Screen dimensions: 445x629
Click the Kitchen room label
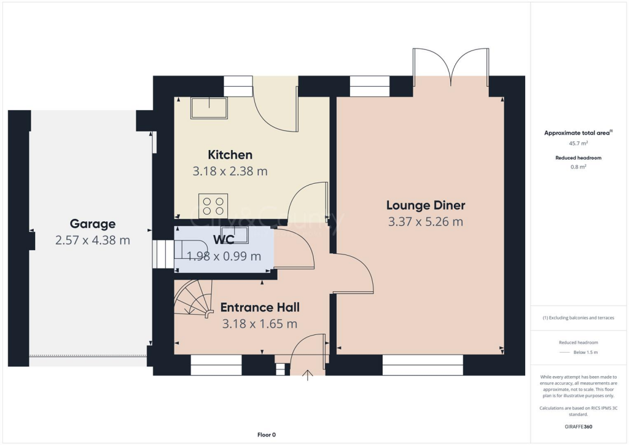tap(230, 155)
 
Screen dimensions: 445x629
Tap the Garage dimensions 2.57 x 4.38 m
tap(92, 240)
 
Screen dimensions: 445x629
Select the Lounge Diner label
tap(425, 205)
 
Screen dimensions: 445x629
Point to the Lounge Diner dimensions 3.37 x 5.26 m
tap(425, 222)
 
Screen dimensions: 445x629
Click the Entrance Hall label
tap(260, 307)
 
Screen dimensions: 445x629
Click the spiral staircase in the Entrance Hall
tap(192, 300)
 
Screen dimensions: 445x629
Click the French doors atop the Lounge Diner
tap(451, 65)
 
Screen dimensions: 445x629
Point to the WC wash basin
tap(238, 234)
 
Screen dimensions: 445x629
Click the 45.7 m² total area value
tap(578, 143)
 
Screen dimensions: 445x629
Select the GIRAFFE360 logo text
tap(579, 426)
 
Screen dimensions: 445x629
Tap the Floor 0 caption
tap(267, 435)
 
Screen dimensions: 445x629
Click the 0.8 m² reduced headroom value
tap(578, 167)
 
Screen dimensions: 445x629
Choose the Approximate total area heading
tap(578, 133)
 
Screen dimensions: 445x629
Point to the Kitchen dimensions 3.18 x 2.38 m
tap(230, 171)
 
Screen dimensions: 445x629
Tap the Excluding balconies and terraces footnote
tap(578, 318)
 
